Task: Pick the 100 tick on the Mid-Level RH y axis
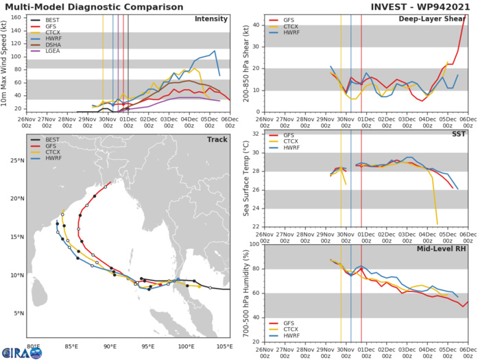(253, 244)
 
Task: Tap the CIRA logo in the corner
(21, 352)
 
